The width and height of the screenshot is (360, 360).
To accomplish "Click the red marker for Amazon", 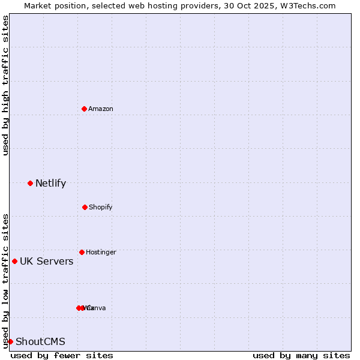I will (x=84, y=109).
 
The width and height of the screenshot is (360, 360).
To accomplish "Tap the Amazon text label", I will (x=101, y=109).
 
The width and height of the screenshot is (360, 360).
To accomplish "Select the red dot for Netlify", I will (x=30, y=183).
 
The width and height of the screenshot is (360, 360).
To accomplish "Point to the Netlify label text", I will (x=50, y=184).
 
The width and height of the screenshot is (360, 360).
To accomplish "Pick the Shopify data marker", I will (x=85, y=207).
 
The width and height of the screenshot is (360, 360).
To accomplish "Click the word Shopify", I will (x=101, y=207).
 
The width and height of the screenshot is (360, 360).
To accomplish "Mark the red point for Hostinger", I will (x=82, y=252).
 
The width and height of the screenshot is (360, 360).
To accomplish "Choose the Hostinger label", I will (x=101, y=252).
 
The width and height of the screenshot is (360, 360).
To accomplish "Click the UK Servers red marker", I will (x=14, y=261).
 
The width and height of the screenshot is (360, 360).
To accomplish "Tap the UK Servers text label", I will (x=47, y=262).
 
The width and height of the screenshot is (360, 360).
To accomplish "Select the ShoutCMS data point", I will (x=10, y=341).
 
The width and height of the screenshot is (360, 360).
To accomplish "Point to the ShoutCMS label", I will (x=40, y=342).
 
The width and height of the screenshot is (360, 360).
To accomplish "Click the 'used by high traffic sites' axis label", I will (x=6, y=85).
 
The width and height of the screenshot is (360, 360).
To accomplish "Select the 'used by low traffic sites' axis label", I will (x=6, y=281).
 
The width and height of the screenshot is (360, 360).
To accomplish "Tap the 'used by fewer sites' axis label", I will (x=62, y=355).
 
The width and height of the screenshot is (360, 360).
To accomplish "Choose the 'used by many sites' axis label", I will (x=301, y=355).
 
